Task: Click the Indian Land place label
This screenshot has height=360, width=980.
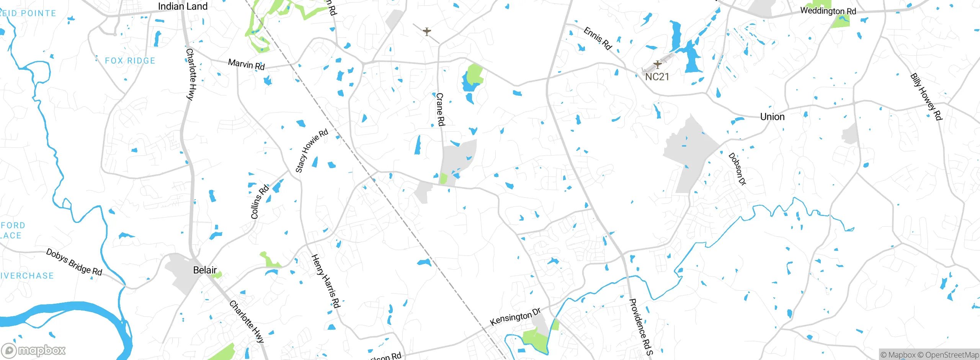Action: point(183,7)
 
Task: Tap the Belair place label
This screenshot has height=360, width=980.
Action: point(205,270)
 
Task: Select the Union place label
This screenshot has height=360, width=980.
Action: point(772,117)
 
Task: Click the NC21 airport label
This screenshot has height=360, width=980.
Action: point(657,77)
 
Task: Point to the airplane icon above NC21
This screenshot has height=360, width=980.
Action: point(657,64)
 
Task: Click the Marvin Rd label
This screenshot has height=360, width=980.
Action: point(246,64)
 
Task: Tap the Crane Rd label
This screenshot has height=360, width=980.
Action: point(441,109)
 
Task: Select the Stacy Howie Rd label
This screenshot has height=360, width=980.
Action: point(312,151)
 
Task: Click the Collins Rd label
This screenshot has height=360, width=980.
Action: point(260,202)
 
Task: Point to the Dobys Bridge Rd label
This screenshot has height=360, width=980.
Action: point(74,262)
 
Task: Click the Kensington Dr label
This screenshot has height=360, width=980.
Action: point(515,317)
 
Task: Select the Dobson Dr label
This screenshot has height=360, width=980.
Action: point(737,169)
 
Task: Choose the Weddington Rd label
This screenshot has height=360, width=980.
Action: point(828,11)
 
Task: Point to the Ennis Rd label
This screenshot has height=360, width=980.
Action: point(597,38)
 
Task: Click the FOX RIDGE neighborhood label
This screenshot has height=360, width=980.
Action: point(130,61)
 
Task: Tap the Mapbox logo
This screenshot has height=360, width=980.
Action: point(34,350)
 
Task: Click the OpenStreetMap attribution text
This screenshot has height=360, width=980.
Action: point(952,355)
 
